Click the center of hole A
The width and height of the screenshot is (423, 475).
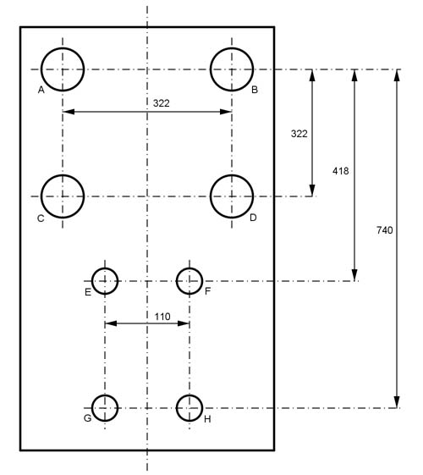pyautogui.click(x=63, y=69)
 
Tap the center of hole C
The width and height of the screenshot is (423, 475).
pyautogui.click(x=63, y=196)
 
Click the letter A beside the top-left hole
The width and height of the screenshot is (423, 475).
pyautogui.click(x=41, y=90)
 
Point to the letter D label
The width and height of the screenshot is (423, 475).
pyautogui.click(x=253, y=218)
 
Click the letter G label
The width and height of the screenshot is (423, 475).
pyautogui.click(x=87, y=418)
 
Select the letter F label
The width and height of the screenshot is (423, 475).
pyautogui.click(x=207, y=291)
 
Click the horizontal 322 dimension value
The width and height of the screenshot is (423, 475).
pyautogui.click(x=162, y=103)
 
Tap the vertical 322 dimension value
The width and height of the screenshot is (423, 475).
pyautogui.click(x=299, y=134)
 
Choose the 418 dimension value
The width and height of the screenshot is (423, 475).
pyautogui.click(x=341, y=171)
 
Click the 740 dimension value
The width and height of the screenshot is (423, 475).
pyautogui.click(x=385, y=230)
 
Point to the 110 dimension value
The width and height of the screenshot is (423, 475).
pyautogui.click(x=162, y=317)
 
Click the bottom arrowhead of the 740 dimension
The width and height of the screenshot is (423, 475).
pyautogui.click(x=397, y=402)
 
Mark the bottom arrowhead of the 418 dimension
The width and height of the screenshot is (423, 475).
pyautogui.click(x=354, y=275)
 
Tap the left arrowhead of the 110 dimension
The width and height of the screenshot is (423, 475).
pyautogui.click(x=111, y=323)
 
